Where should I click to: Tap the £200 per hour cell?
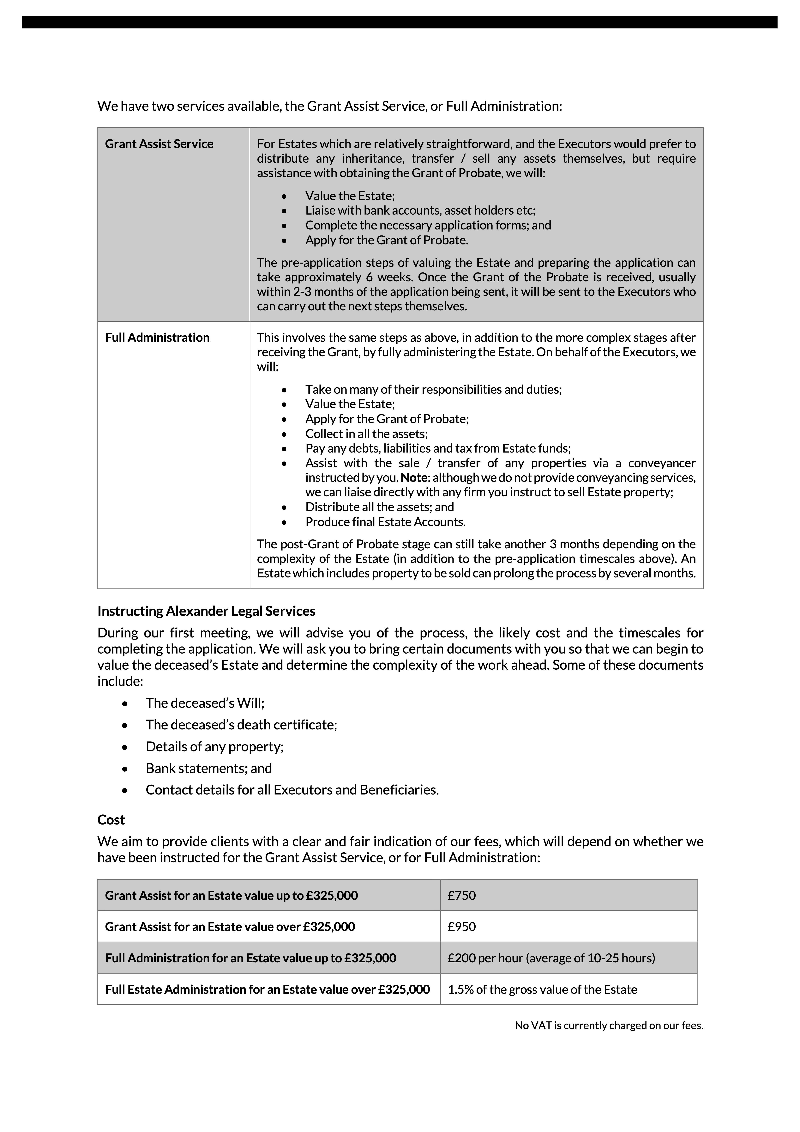[551, 958]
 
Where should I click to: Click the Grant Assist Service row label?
[159, 144]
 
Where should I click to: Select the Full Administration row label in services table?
[157, 338]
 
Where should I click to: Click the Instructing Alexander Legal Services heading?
[206, 611]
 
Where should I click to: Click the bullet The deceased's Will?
[205, 703]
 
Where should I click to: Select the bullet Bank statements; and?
[208, 768]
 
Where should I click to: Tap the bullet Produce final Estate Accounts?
[385, 522]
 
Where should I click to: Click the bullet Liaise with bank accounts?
[420, 210]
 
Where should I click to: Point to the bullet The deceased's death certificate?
[241, 725]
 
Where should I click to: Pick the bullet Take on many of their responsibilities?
[433, 389]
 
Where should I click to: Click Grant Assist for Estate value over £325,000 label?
[230, 926]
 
